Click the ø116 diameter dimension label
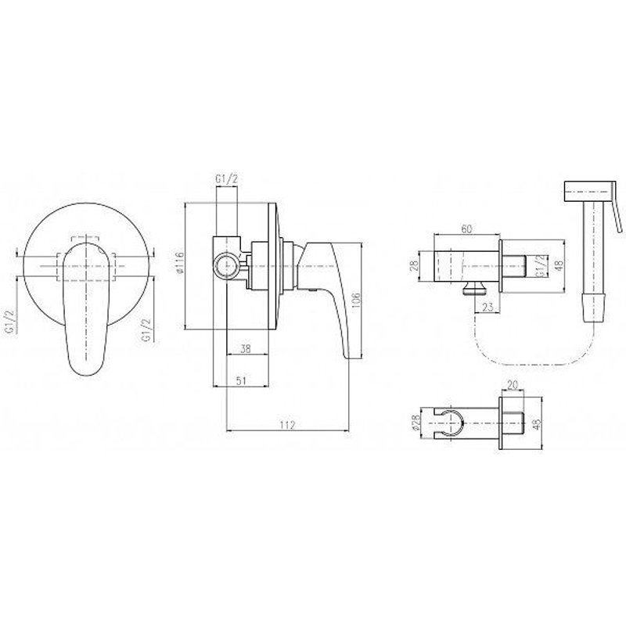[x=180, y=263]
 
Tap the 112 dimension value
[x=287, y=425]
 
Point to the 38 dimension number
[x=246, y=348]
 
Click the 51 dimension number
[x=241, y=381]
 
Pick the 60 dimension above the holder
[x=466, y=228]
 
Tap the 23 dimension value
[x=487, y=307]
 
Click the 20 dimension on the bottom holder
[x=513, y=384]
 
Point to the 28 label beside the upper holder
[x=414, y=265]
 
